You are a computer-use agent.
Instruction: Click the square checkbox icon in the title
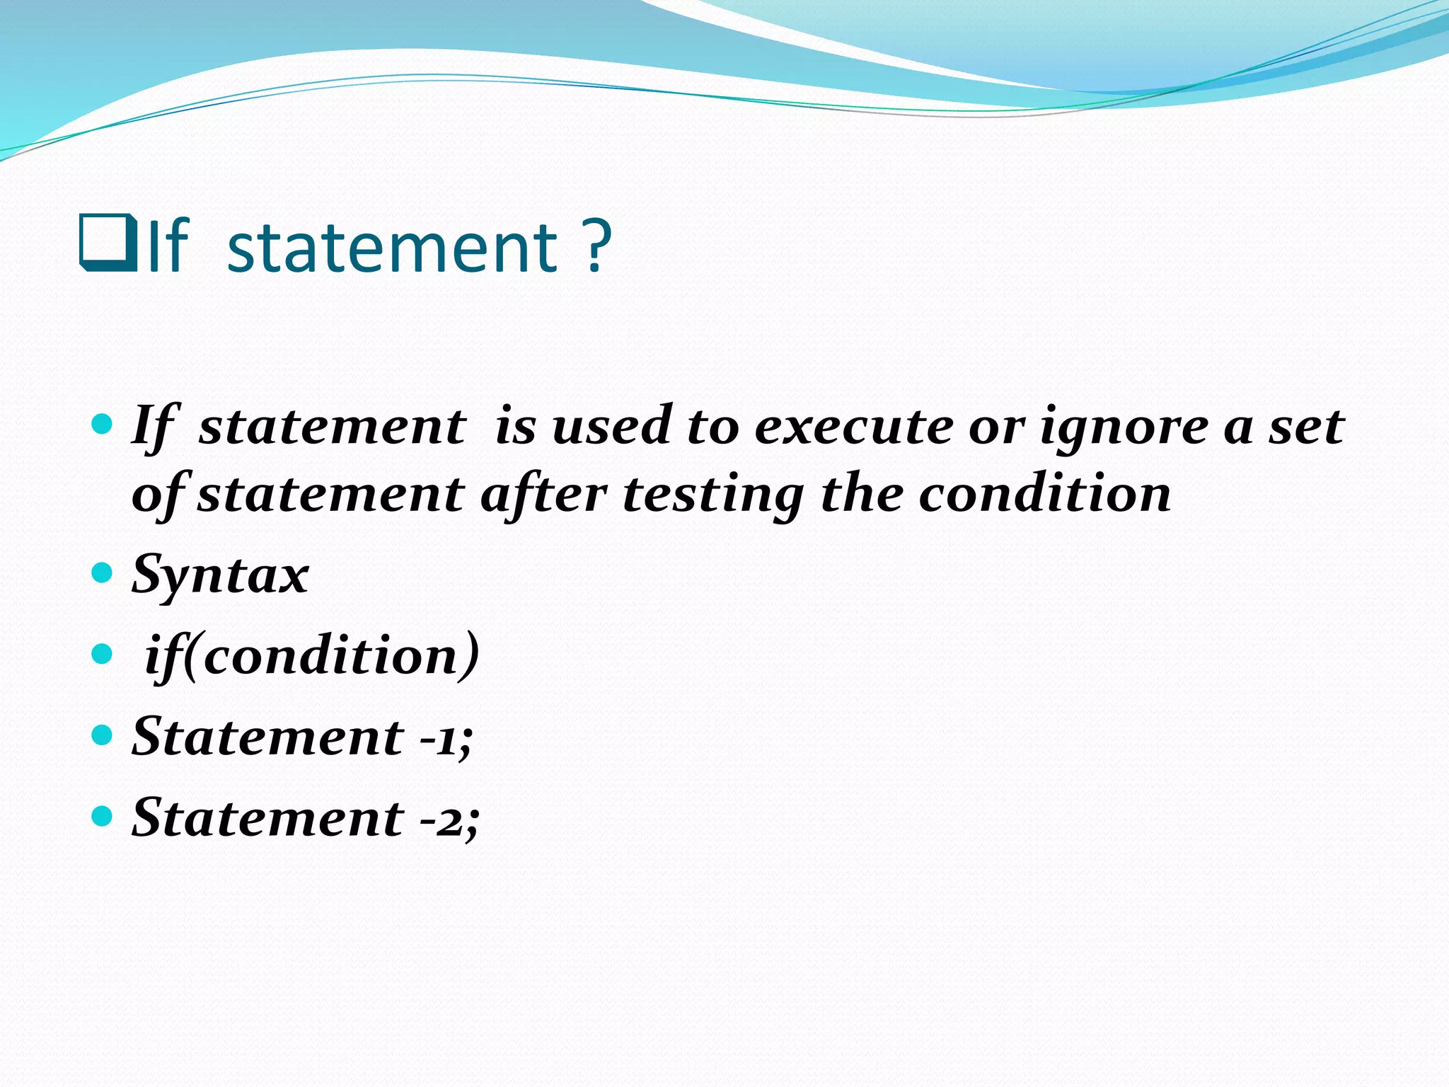click(x=108, y=244)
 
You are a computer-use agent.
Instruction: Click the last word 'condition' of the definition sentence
click(x=1044, y=493)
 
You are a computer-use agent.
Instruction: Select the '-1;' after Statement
click(x=445, y=738)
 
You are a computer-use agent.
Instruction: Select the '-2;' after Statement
click(x=449, y=819)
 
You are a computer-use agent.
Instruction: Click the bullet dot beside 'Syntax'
click(x=103, y=571)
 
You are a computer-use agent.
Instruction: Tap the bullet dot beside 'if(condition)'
click(x=103, y=653)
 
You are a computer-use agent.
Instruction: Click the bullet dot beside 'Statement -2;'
click(x=103, y=816)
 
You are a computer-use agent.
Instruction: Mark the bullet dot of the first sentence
click(x=103, y=424)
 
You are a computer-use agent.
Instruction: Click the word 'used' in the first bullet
click(x=611, y=427)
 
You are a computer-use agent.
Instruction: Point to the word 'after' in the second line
click(x=543, y=493)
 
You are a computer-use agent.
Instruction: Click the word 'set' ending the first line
click(x=1305, y=427)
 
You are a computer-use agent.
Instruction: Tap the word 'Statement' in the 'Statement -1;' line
click(x=267, y=737)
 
